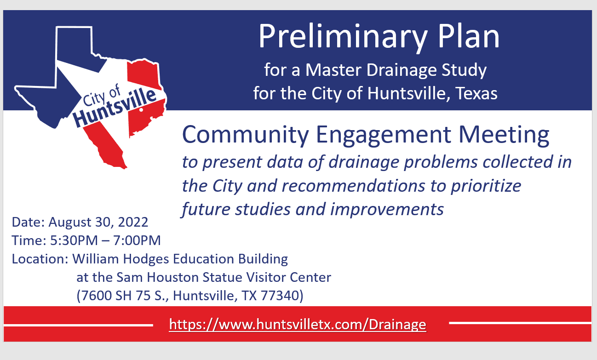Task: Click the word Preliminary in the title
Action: tap(328, 38)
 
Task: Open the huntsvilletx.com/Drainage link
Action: tap(297, 325)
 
